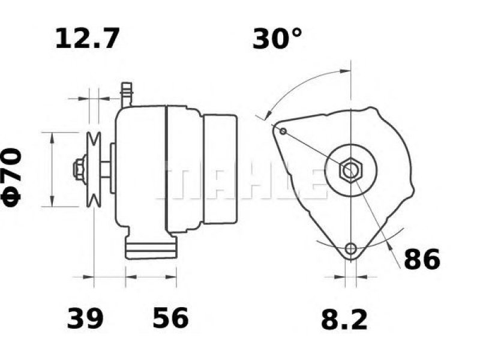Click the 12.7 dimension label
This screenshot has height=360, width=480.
click(x=87, y=38)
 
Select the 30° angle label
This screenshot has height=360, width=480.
click(x=277, y=38)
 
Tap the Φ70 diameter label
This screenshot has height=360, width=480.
click(x=11, y=177)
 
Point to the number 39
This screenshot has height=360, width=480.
click(x=85, y=319)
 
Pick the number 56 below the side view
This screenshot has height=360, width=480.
click(x=170, y=319)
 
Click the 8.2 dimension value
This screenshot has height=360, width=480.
click(x=344, y=320)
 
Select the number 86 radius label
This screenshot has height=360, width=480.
click(x=422, y=259)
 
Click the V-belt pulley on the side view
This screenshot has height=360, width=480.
click(x=94, y=169)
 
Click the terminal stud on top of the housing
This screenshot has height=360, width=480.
click(x=127, y=95)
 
